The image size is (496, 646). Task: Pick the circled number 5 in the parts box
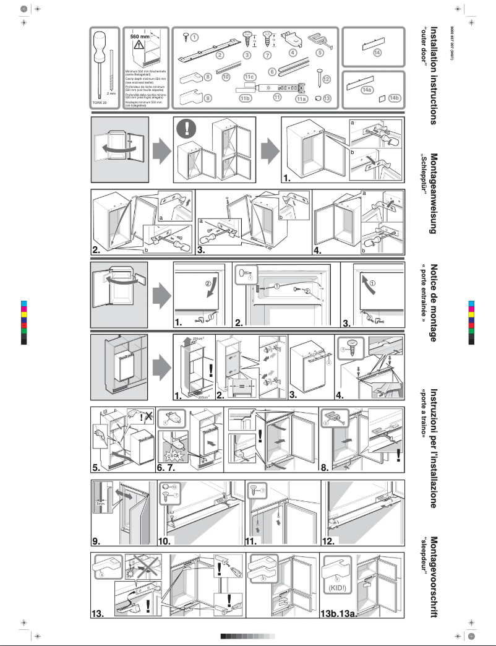tap(320, 53)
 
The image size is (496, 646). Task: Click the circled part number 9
tap(208, 98)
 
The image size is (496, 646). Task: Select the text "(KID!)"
tap(336, 587)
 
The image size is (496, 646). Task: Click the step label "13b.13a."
tap(339, 613)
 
